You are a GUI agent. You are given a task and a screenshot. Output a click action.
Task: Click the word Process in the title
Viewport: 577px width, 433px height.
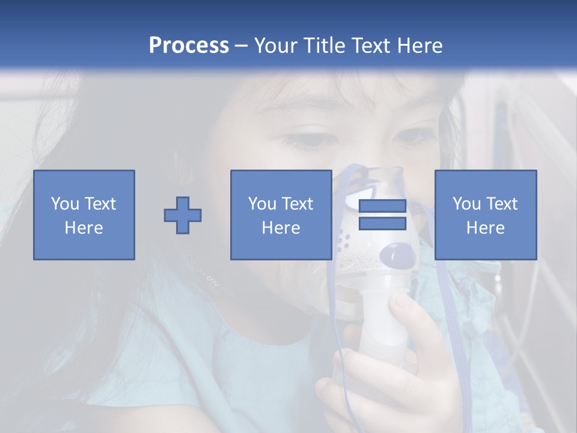[189, 46]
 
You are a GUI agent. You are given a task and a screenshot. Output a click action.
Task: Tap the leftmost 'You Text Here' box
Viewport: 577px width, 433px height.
[84, 215]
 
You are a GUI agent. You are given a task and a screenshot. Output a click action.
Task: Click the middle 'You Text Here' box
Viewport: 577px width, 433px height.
[281, 215]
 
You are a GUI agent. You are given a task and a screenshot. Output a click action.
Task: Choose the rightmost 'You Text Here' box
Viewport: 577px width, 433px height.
[485, 215]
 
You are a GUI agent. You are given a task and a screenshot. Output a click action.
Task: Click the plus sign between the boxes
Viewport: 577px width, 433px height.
[183, 215]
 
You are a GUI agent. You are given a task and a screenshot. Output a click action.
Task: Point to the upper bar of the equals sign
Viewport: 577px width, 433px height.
[382, 206]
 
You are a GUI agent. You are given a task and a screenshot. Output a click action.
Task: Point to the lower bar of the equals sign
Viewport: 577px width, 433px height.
[382, 224]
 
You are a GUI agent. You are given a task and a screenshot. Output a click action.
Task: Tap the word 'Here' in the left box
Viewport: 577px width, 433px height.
[84, 228]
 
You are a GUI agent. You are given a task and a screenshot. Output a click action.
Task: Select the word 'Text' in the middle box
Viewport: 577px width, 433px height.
[298, 204]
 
